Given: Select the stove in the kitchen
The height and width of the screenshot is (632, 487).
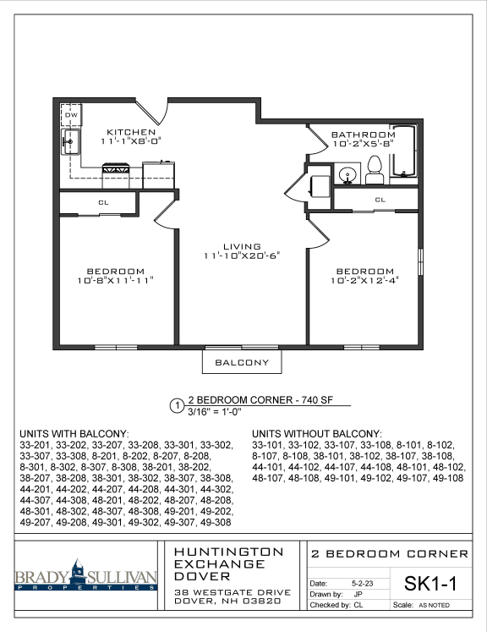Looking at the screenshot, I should click(116, 170).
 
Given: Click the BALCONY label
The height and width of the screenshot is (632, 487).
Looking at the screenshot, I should click(243, 362).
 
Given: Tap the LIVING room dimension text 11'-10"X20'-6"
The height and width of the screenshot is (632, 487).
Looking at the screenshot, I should click(241, 255).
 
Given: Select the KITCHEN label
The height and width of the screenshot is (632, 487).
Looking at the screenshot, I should click(131, 132).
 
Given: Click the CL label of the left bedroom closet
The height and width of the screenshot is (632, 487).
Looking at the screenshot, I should click(102, 202).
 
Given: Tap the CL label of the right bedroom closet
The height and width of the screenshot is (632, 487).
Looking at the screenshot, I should click(380, 200).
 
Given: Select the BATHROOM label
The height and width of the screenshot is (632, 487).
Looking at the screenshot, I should click(362, 135).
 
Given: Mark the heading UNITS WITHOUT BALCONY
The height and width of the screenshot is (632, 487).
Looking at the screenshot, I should click(317, 432).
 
